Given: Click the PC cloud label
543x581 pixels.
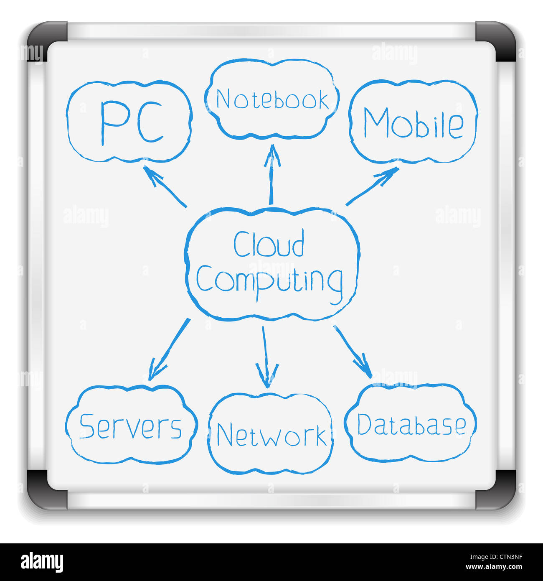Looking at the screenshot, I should pos(131,123).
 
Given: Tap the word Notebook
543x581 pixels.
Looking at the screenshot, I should pos(272,100).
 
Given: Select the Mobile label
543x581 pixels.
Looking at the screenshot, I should pos(413,123).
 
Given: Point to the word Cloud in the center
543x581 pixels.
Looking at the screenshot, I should pos(269,245).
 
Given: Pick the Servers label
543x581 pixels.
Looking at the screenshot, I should pos(130,427).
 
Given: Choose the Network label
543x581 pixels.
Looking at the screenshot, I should pos(271,435).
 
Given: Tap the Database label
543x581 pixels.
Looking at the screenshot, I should pos(411,425).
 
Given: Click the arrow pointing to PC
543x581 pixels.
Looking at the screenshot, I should pos(164,186).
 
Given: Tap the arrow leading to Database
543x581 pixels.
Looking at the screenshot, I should pos(353,352).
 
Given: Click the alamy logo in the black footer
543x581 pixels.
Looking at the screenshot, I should pos(42,562).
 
